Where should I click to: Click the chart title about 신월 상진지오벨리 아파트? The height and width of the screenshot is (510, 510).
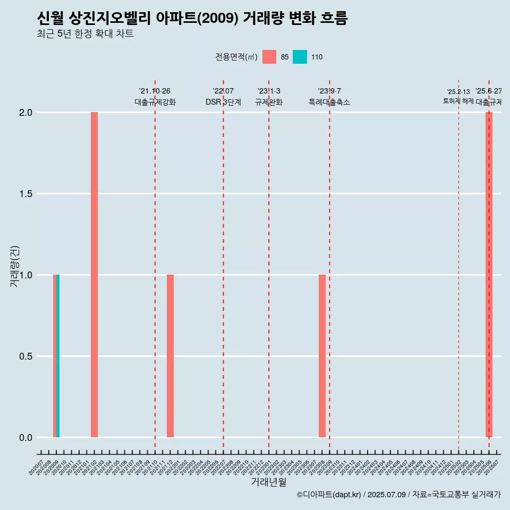(192, 19)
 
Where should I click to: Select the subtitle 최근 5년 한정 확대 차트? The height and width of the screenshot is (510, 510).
(85, 34)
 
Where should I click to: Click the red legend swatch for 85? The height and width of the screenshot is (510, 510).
(269, 57)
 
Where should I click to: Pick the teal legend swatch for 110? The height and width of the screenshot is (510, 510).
(300, 57)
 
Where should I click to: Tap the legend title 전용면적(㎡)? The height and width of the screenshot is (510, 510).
(236, 57)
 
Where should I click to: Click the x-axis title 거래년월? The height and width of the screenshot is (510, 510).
(268, 482)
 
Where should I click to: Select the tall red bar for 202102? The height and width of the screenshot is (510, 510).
(94, 275)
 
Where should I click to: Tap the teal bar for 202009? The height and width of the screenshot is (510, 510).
(58, 356)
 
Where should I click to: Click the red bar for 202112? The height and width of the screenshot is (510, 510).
(170, 356)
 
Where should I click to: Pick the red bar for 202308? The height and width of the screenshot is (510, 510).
(322, 356)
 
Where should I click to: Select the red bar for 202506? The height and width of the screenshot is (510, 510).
(489, 275)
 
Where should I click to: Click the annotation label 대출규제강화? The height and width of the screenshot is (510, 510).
(155, 102)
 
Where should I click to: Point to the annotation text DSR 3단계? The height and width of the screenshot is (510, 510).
(223, 102)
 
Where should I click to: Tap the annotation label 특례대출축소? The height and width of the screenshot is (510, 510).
(329, 102)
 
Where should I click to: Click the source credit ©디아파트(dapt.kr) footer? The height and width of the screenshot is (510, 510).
(398, 495)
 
